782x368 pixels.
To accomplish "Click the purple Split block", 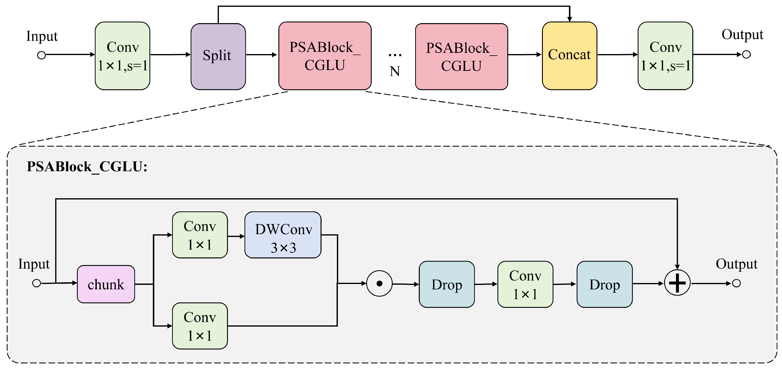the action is [x=218, y=57].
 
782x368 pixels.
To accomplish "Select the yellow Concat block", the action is [x=569, y=56].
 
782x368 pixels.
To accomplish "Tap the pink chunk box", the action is [x=106, y=284].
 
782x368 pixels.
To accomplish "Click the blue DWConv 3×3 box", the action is [x=283, y=235].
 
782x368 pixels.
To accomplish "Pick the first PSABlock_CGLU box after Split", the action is [x=325, y=56].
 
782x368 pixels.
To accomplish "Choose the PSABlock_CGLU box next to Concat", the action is [x=461, y=57].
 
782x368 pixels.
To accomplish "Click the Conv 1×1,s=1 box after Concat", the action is [x=665, y=56].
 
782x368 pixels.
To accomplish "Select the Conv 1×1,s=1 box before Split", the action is [x=122, y=56].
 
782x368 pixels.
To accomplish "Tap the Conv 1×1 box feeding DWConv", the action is [x=200, y=235].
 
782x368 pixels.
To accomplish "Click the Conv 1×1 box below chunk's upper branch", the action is [x=200, y=326].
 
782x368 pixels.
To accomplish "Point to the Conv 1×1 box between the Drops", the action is [x=525, y=284].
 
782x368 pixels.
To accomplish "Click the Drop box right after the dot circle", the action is [x=447, y=284].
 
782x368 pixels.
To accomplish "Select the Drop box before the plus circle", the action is [x=604, y=284].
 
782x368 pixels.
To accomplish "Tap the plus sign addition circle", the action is [x=677, y=283].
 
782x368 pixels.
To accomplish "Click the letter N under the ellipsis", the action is [x=395, y=72].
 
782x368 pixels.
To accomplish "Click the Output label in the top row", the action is [x=742, y=35].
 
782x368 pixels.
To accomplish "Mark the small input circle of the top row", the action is [x=41, y=55].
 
